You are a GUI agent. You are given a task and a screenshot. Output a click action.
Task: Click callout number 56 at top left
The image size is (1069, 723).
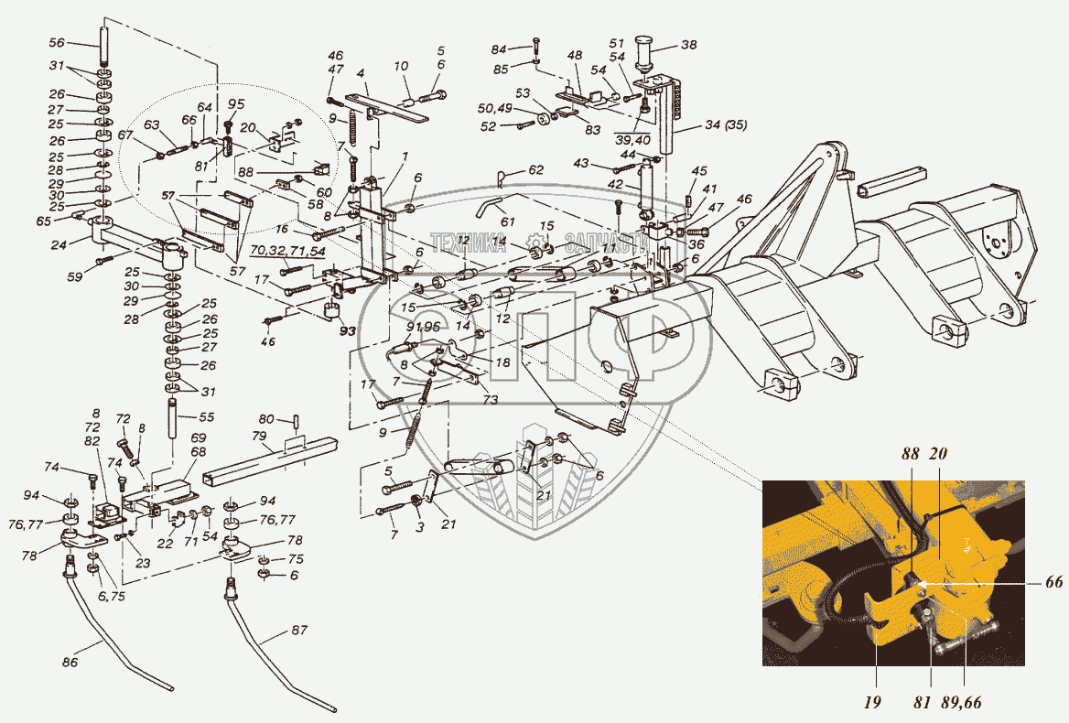(x=56, y=43)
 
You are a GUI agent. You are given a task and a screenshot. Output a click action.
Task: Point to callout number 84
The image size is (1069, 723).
(x=524, y=49)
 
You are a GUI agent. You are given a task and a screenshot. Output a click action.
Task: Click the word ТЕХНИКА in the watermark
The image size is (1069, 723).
(x=469, y=243)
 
